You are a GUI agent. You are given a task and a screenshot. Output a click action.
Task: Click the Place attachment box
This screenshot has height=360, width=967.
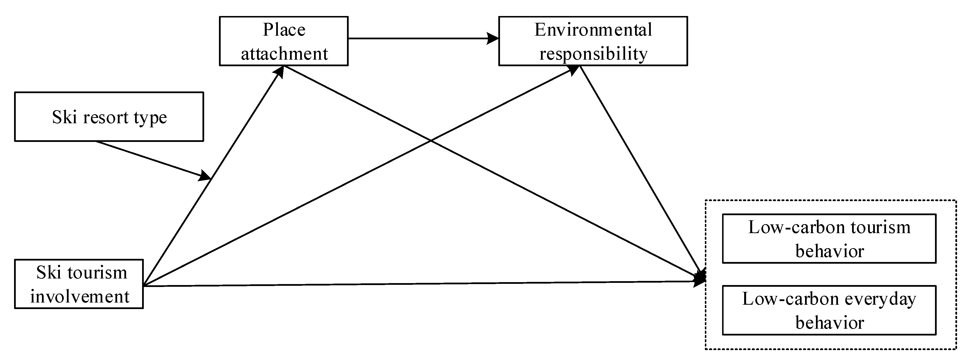(283, 41)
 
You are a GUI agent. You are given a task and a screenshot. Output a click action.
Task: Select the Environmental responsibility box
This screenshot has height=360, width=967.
(593, 41)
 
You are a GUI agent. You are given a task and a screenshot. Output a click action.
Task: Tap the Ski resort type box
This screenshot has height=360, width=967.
(109, 117)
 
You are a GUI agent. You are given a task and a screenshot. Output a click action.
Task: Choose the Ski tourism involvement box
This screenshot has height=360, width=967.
(79, 284)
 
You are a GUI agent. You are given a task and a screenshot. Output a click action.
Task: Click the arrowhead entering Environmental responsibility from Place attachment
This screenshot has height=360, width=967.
(492, 38)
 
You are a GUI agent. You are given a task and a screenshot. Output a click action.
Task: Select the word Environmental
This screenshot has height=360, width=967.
(593, 30)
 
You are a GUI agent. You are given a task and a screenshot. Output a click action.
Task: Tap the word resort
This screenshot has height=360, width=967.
(106, 117)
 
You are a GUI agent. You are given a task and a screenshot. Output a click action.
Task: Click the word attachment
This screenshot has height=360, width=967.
(284, 54)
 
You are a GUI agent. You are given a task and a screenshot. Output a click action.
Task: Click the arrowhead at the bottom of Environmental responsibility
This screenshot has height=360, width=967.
(574, 70)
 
